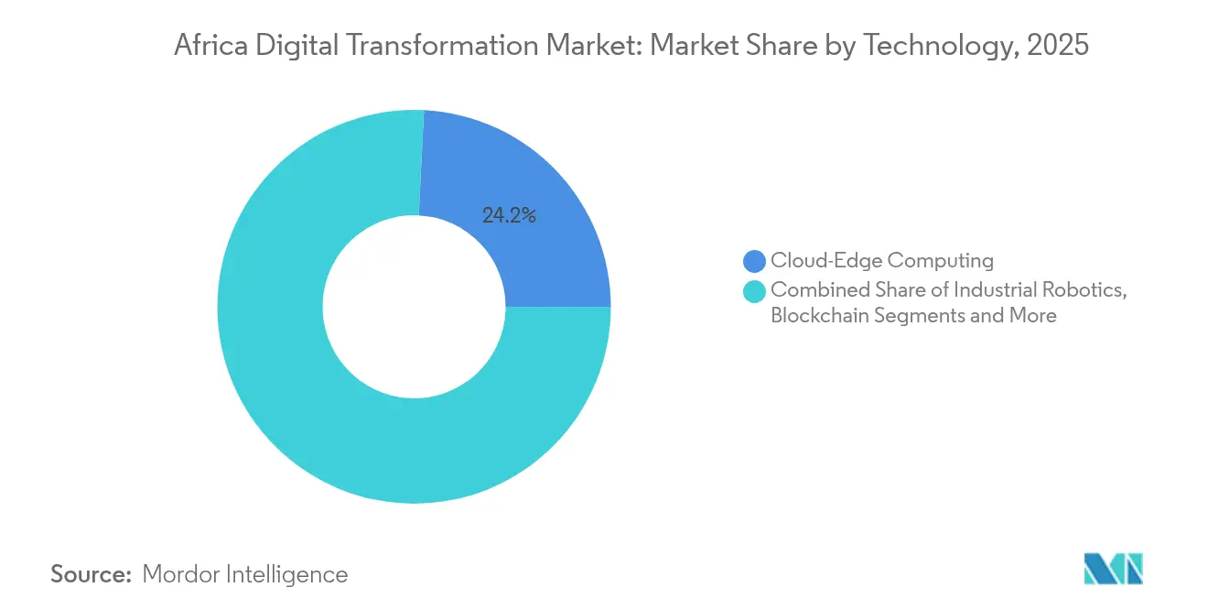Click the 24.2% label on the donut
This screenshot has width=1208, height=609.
click(x=509, y=216)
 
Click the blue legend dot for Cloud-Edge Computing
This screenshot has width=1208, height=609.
click(x=755, y=261)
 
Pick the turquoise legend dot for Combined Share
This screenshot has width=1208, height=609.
click(x=755, y=291)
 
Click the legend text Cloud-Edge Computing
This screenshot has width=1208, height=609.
click(x=881, y=261)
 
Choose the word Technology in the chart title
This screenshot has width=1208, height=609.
click(x=951, y=46)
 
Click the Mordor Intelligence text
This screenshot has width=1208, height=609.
click(x=245, y=574)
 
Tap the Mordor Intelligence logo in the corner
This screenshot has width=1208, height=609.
click(x=1113, y=568)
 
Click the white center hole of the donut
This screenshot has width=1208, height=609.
click(x=414, y=307)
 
